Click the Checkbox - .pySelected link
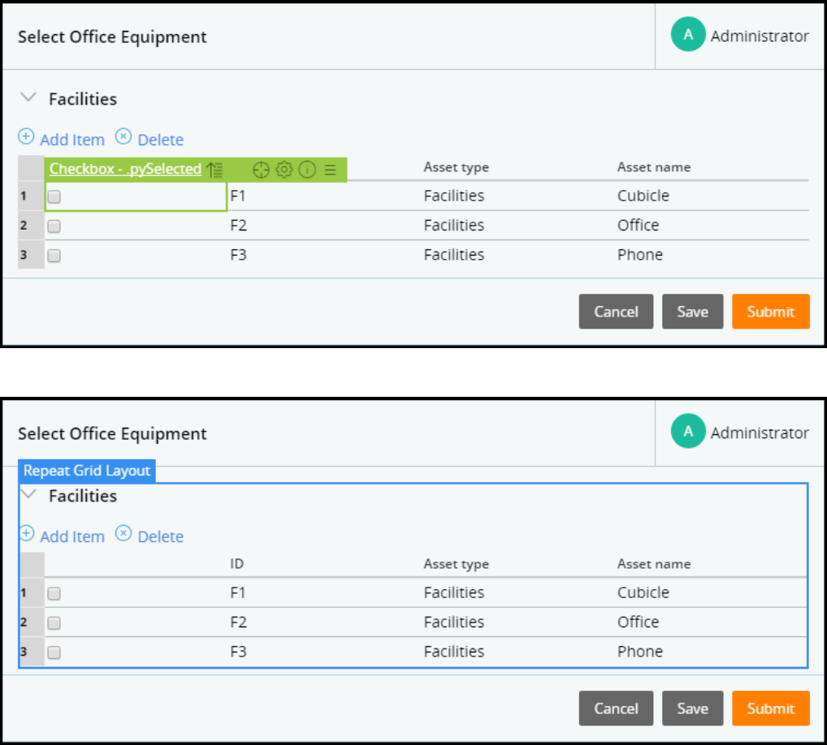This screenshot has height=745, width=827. (125, 169)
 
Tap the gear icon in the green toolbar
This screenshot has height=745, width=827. (284, 170)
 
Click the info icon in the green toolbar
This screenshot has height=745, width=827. (307, 170)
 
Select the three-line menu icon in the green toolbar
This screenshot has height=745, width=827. (330, 170)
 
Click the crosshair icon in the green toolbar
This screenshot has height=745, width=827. (261, 170)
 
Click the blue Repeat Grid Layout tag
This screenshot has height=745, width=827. (87, 471)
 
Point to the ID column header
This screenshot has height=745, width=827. (237, 564)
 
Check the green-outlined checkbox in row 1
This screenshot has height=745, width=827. (54, 196)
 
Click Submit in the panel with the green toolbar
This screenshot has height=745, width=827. (770, 312)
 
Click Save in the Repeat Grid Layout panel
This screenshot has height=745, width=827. (692, 708)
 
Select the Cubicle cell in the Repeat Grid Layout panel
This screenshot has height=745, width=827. (643, 592)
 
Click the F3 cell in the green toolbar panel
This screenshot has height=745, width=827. (238, 255)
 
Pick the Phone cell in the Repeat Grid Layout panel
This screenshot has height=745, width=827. (639, 652)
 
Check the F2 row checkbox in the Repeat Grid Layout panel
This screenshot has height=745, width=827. (54, 623)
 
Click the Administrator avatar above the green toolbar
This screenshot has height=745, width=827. (688, 35)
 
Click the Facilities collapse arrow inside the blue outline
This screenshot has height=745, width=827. (28, 493)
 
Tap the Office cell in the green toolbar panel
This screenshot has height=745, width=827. (638, 225)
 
